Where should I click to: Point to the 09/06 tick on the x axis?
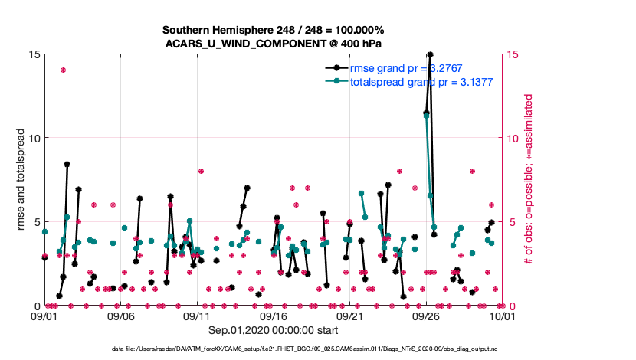pos(121,316)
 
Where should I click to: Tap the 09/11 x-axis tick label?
pos(197,316)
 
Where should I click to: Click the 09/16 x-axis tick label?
pos(274,316)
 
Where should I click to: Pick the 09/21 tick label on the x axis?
pos(349,316)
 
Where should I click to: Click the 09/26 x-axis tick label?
pos(426,316)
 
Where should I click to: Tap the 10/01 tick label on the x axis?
pos(502,316)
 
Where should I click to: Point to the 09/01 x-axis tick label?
pos(44,316)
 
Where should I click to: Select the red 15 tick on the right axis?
pos(514,54)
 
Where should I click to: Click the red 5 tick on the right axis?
pos(511,222)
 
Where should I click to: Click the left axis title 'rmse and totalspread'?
pos(22,180)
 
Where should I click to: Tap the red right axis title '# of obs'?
pos(529,180)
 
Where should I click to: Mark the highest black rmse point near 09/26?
pos(430,55)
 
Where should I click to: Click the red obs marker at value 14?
pos(63,70)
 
